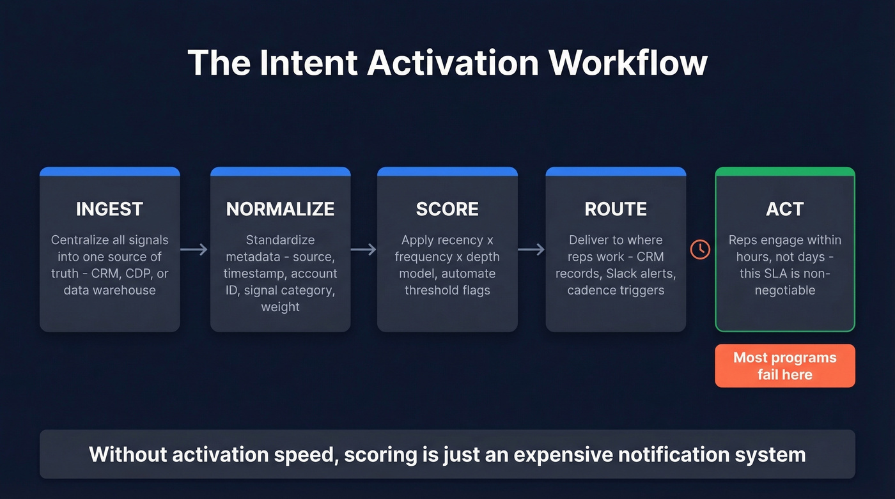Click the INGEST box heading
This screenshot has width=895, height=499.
[109, 209]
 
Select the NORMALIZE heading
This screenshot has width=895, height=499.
[280, 209]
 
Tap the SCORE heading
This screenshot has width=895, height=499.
[447, 209]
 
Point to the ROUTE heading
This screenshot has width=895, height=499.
[616, 209]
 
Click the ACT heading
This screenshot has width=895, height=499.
[784, 209]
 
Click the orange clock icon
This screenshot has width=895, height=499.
[700, 249]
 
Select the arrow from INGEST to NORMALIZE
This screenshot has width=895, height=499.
[194, 249]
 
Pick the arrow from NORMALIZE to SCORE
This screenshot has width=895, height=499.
[364, 249]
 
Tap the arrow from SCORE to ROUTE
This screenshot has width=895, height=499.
[531, 249]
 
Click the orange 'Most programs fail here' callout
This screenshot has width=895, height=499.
[784, 366]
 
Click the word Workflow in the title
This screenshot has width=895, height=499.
[628, 63]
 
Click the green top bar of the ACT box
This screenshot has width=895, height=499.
[784, 171]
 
